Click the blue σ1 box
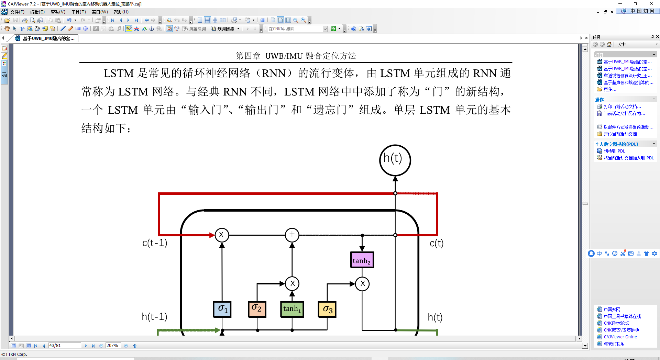tap(222, 309)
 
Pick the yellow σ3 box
tap(327, 309)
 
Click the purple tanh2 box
tap(362, 260)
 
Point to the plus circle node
tap(292, 235)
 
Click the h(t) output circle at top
tap(395, 160)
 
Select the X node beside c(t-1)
tap(222, 235)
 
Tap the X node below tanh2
tap(362, 284)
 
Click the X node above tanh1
tap(292, 284)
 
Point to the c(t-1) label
tap(155, 243)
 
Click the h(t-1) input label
tap(154, 316)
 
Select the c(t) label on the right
tap(437, 243)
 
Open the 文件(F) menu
tap(17, 12)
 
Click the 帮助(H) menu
tap(121, 12)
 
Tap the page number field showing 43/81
tap(65, 346)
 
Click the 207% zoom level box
tap(113, 346)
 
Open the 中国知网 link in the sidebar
tap(612, 310)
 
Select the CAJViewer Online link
tap(620, 337)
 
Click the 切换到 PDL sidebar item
tap(614, 151)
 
